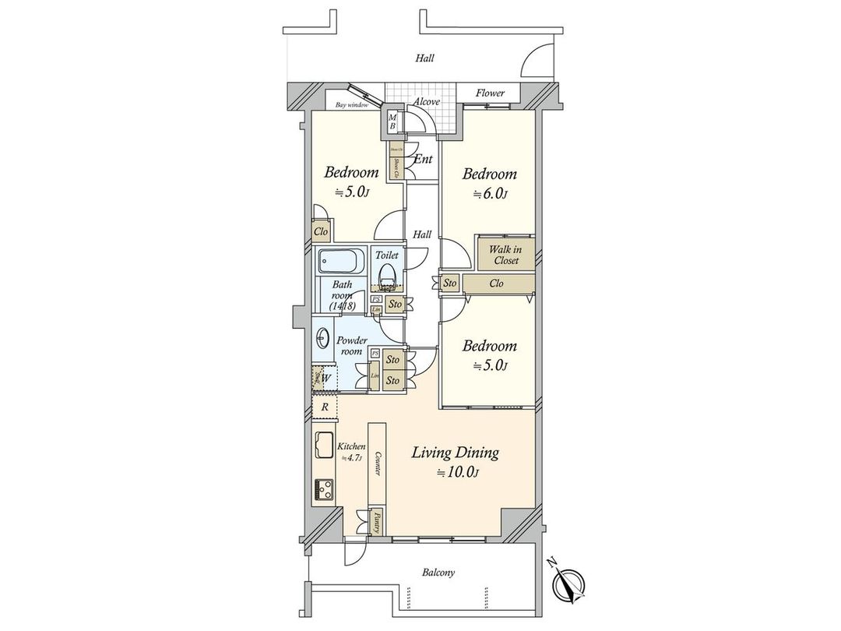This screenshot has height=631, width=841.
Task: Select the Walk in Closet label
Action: [x=505, y=255]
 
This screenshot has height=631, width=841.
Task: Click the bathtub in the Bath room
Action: [x=341, y=261]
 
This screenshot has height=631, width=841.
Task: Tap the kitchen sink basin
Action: [x=323, y=447]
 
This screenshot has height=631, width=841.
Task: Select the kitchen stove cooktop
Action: [x=324, y=490]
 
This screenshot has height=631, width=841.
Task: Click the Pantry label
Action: [x=376, y=519]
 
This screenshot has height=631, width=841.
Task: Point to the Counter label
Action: [x=376, y=463]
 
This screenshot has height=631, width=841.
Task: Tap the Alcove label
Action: [x=426, y=102]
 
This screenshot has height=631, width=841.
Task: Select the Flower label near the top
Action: [x=491, y=93]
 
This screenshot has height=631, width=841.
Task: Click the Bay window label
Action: [x=351, y=104]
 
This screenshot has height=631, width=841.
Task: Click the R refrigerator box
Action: [x=324, y=407]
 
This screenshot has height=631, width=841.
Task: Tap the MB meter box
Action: [x=392, y=122]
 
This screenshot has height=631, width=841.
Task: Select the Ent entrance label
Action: [x=423, y=160]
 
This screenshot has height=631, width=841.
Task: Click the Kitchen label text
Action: [x=350, y=447]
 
